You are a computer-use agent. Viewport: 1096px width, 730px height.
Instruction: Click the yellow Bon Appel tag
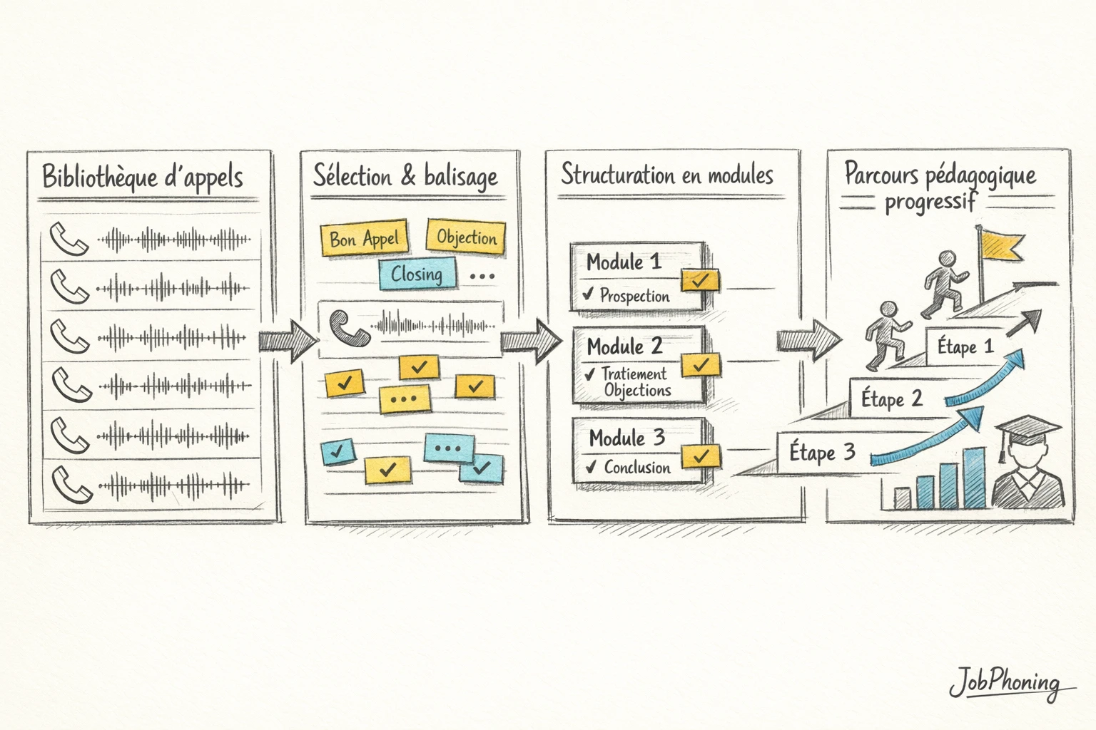[364, 238]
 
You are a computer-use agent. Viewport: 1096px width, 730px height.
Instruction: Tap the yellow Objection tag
[466, 237]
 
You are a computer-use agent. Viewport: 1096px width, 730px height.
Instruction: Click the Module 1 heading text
[624, 262]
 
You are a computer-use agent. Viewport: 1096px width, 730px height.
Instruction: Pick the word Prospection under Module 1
[634, 296]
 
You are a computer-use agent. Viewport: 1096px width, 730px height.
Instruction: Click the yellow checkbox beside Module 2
[700, 365]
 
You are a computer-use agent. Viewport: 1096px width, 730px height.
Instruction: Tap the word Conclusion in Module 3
[637, 468]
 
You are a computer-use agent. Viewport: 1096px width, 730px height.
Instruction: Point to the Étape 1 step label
[965, 347]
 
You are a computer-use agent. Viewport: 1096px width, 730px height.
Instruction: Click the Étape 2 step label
[891, 399]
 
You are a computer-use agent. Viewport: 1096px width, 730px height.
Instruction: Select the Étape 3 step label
[821, 453]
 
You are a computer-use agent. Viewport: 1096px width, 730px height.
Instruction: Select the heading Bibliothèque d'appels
[143, 177]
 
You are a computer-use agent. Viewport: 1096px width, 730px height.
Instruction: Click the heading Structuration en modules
[666, 175]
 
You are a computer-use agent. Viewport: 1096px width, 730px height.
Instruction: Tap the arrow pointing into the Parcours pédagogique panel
[808, 339]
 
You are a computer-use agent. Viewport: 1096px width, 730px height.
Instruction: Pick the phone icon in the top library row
[69, 240]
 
